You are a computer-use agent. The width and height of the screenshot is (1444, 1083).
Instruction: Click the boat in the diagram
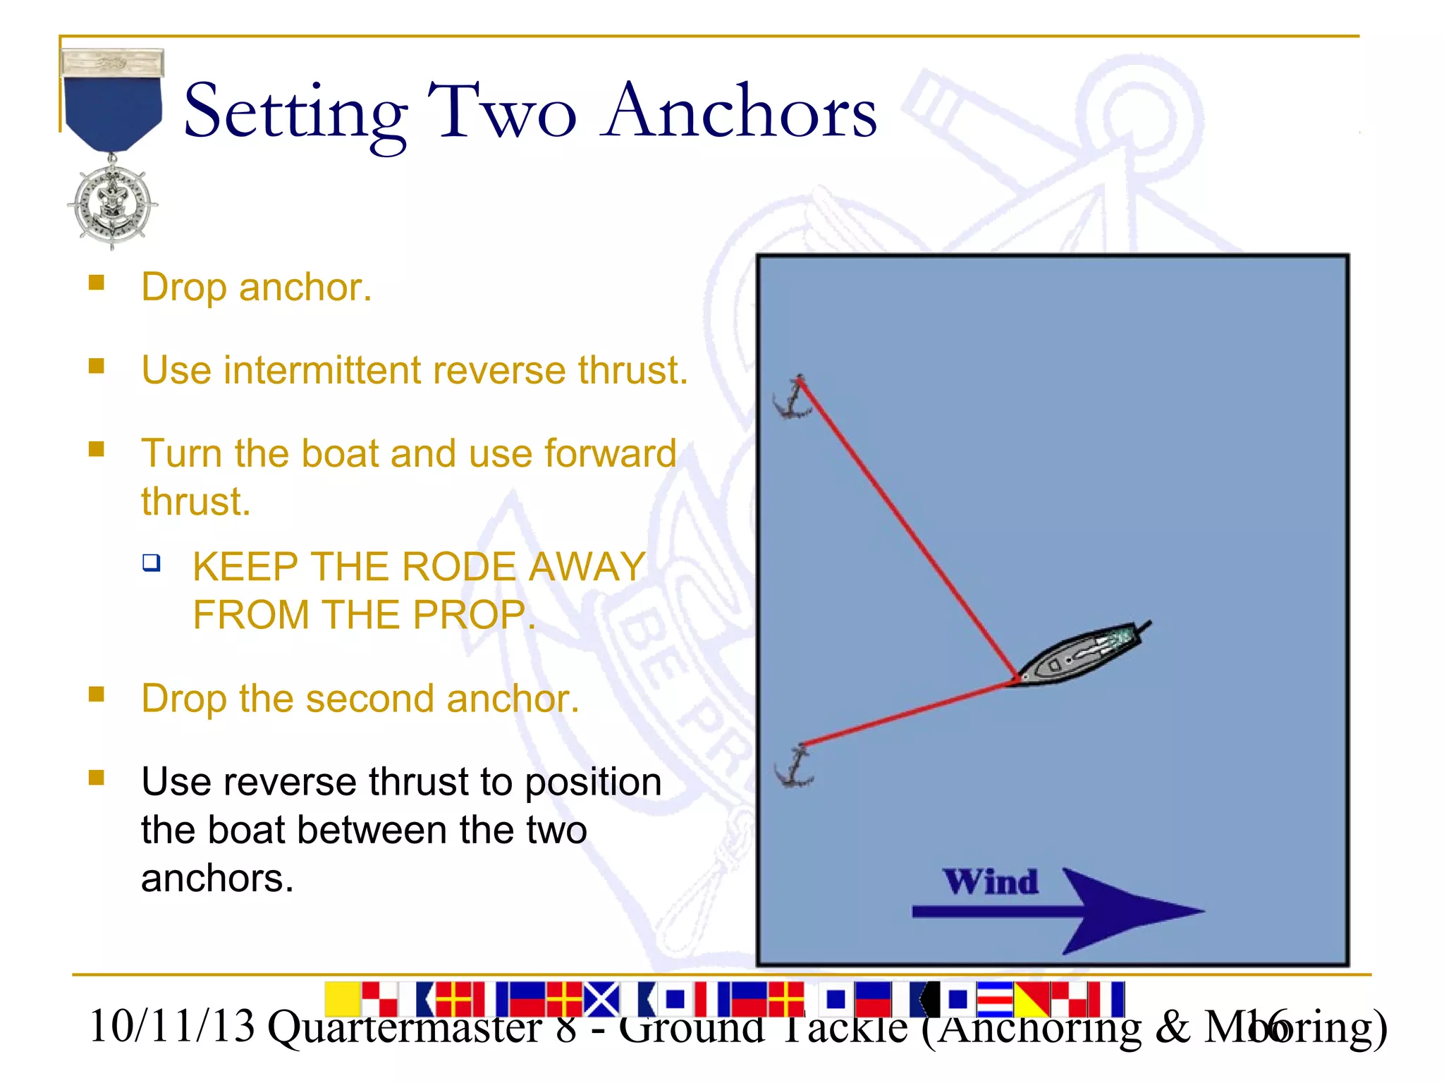coord(1079,654)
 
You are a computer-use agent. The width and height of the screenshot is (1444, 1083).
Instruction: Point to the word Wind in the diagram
coord(991,881)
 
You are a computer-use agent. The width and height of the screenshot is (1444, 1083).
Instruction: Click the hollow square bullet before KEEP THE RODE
coord(151,563)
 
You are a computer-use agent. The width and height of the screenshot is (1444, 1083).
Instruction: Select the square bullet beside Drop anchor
coord(97,283)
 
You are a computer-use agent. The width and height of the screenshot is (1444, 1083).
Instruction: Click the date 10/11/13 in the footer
coord(171,1026)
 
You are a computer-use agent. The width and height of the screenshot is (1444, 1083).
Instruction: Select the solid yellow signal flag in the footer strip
coord(343,998)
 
